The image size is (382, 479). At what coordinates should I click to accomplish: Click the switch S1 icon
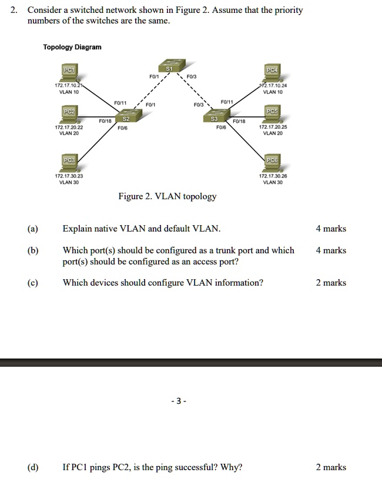click(169, 66)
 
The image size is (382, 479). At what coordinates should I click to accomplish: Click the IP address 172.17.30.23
click(69, 176)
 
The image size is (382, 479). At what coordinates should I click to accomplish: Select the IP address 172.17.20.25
click(273, 128)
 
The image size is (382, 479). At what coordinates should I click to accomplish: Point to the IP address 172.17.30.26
click(273, 176)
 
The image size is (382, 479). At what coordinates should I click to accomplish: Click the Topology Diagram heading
click(72, 47)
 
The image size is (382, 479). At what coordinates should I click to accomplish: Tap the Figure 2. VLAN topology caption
click(167, 196)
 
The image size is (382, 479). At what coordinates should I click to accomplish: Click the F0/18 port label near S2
click(105, 121)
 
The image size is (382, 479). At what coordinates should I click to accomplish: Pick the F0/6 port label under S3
click(221, 128)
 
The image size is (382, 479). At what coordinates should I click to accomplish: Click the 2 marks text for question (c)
click(331, 283)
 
